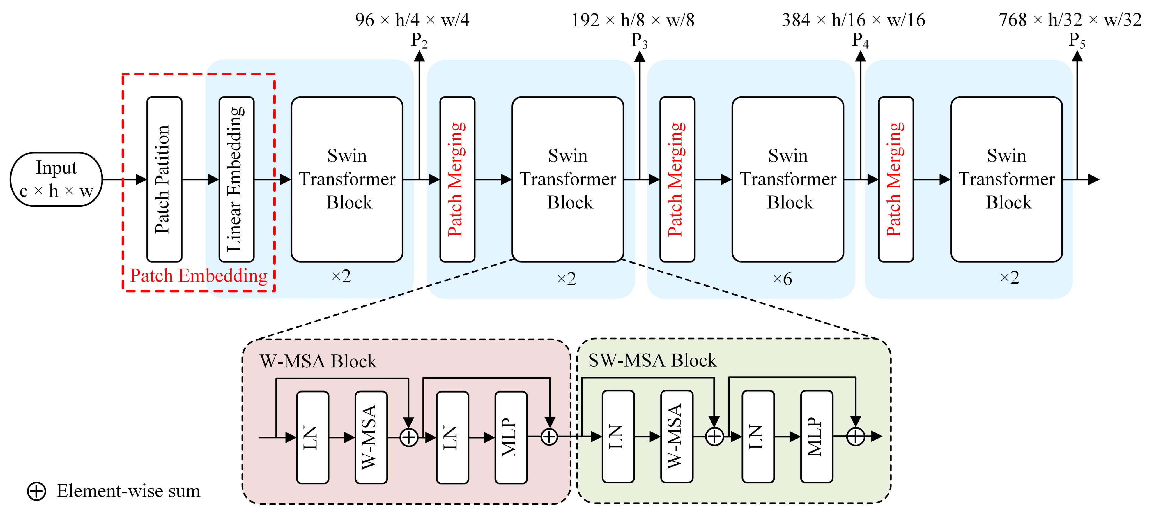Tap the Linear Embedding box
click(236, 179)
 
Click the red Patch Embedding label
click(199, 275)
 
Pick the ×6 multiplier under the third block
click(782, 279)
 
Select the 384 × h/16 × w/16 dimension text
click(853, 20)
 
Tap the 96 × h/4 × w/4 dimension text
click(412, 20)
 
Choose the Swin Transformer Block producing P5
click(1006, 179)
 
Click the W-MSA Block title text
click(318, 361)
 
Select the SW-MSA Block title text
click(652, 361)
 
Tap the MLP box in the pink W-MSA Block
click(511, 437)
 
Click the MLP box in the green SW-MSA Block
click(816, 436)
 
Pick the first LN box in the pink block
click(313, 437)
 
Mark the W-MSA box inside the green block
click(677, 436)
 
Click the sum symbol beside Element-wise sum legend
click(37, 491)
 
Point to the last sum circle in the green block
click(855, 436)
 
